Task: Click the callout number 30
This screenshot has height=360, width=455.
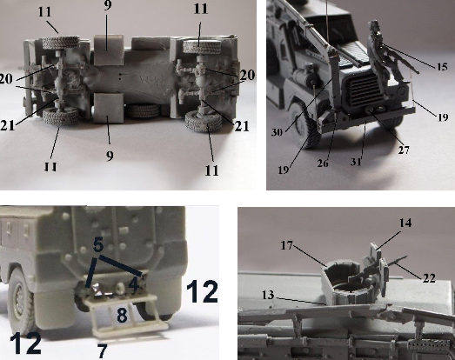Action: (x=277, y=132)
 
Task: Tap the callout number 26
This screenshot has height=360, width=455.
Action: (x=323, y=163)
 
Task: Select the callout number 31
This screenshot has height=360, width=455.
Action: (x=356, y=161)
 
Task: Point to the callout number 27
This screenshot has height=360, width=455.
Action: (x=404, y=150)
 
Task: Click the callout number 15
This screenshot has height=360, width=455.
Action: (x=442, y=67)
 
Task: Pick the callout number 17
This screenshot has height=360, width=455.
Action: (x=287, y=246)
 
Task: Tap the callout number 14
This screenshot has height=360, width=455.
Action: (x=405, y=223)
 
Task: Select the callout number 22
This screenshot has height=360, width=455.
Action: (x=429, y=278)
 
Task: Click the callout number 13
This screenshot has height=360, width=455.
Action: (x=268, y=295)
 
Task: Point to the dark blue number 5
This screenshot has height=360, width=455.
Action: (x=98, y=245)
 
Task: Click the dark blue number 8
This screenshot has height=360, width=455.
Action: (x=122, y=316)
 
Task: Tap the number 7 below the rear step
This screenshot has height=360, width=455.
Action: (x=102, y=351)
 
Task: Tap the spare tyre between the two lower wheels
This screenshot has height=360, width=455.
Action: (x=144, y=111)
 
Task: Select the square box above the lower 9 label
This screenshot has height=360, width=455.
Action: (x=109, y=107)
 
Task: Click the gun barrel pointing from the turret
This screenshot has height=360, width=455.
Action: (x=397, y=260)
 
